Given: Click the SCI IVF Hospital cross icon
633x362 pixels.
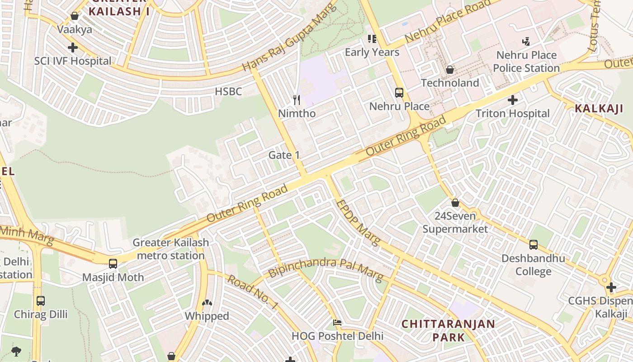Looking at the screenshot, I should [72, 48].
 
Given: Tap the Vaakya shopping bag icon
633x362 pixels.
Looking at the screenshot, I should [75, 16].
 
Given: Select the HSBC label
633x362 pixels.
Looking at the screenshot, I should [228, 91].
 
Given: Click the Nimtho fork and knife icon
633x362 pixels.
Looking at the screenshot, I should [297, 100].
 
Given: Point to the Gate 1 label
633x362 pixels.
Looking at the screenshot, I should [284, 155].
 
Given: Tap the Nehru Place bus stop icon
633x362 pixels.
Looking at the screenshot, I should [399, 93].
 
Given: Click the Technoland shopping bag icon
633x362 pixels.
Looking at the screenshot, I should [449, 70].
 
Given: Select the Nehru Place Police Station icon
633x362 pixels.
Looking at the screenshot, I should [526, 42].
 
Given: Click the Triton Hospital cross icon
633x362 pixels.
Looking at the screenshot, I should [512, 100].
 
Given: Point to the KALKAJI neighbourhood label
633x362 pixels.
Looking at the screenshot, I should [599, 109].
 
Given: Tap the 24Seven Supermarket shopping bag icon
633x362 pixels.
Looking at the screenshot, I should [455, 203].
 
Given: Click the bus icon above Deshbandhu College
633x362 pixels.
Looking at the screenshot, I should [534, 245].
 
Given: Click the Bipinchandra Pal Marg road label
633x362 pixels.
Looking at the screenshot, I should [326, 269].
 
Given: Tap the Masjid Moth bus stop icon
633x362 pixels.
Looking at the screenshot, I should [113, 264].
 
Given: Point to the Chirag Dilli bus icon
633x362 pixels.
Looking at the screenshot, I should [41, 301].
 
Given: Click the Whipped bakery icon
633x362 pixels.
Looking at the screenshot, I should [207, 303].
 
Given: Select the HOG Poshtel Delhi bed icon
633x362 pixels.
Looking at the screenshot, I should [337, 323].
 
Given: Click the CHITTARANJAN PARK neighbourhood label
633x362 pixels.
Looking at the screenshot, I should [448, 330].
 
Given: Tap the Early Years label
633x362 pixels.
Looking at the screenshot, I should [372, 52].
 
